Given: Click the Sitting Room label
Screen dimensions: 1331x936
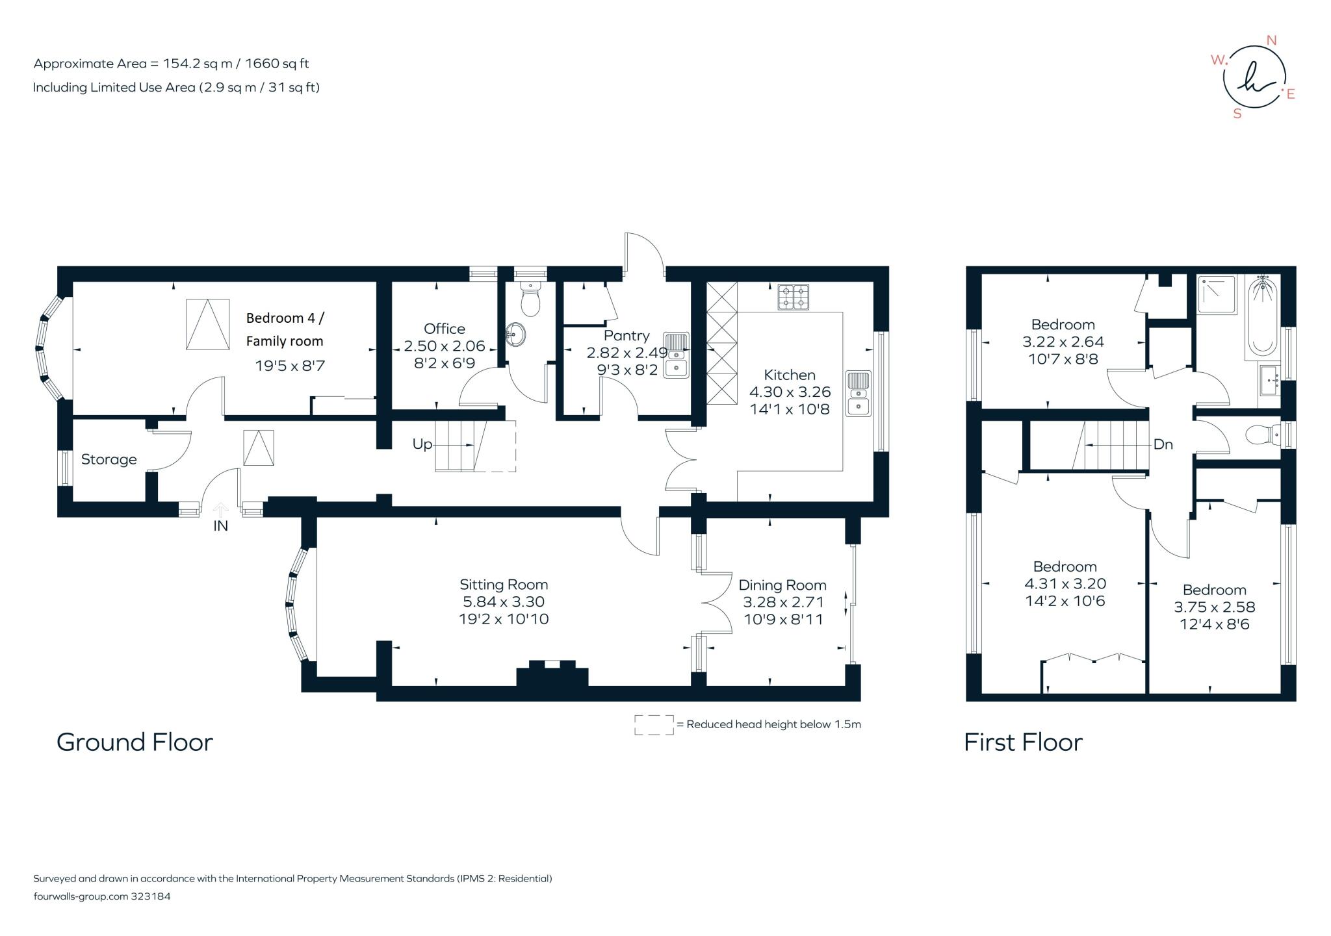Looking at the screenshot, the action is tap(504, 585).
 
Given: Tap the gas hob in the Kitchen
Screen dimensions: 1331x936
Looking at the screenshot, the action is tap(794, 297).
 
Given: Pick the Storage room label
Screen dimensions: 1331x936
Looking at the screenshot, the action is tap(109, 460).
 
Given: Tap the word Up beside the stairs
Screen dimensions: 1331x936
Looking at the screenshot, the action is tap(422, 444).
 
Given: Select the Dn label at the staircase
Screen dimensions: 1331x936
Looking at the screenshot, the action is tap(1163, 444).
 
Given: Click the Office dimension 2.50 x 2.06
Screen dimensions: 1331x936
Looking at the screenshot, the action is tap(445, 346).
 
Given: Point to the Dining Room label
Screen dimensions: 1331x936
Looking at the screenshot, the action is tap(782, 585).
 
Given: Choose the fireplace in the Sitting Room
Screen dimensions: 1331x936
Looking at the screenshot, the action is tap(552, 674).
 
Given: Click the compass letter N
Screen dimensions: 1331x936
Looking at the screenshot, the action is tap(1272, 40).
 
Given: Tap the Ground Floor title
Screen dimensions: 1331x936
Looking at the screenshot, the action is tap(135, 742).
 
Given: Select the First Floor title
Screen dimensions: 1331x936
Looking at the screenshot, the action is tap(1023, 742).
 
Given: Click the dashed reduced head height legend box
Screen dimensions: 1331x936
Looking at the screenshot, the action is tap(654, 725).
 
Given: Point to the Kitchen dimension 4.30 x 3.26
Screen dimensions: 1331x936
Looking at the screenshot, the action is tap(790, 392).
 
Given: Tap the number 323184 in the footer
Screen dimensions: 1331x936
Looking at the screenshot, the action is tap(151, 896).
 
